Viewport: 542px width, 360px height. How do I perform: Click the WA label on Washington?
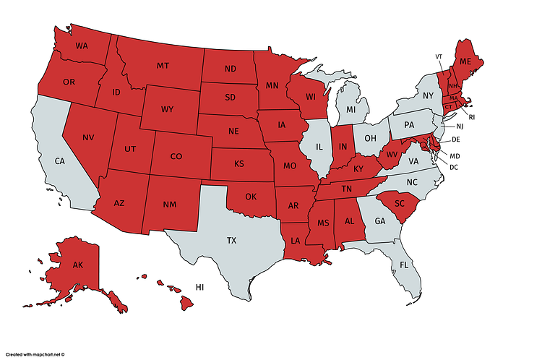[82, 46]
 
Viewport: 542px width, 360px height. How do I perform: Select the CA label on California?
[61, 161]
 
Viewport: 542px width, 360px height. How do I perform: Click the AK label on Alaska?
[79, 265]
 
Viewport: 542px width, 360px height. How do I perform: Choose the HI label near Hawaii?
[200, 287]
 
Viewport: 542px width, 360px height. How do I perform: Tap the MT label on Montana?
[163, 67]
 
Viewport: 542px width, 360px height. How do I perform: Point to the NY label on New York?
[427, 95]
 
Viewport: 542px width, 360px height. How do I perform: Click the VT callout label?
[439, 56]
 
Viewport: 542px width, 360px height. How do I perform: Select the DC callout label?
[455, 167]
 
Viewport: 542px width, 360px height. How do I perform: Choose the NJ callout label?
[460, 126]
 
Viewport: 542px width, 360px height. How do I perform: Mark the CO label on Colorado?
[176, 156]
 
